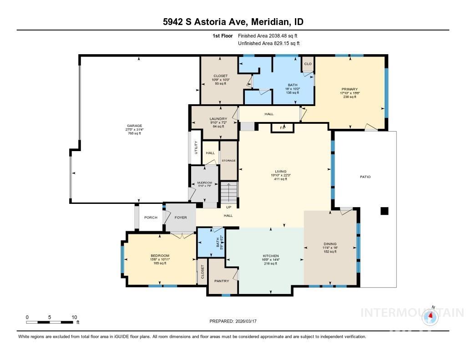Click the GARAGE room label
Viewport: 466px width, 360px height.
tap(134, 126)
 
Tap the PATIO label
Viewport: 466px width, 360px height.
tap(365, 177)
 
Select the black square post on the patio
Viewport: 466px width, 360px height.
tap(385, 211)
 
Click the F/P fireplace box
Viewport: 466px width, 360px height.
tap(282, 128)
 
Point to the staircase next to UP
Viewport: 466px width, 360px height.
tap(229, 192)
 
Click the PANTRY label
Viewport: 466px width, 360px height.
tap(222, 281)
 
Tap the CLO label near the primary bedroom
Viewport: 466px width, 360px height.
tap(308, 64)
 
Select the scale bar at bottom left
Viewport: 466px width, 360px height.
tap(50, 322)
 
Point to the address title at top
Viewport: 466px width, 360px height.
tap(233, 22)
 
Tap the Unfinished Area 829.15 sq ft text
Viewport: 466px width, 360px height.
tap(268, 43)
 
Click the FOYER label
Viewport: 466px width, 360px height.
tap(181, 218)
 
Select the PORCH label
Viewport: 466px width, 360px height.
tap(151, 218)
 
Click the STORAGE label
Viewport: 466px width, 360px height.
tap(228, 161)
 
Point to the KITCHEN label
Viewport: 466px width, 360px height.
tap(270, 256)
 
